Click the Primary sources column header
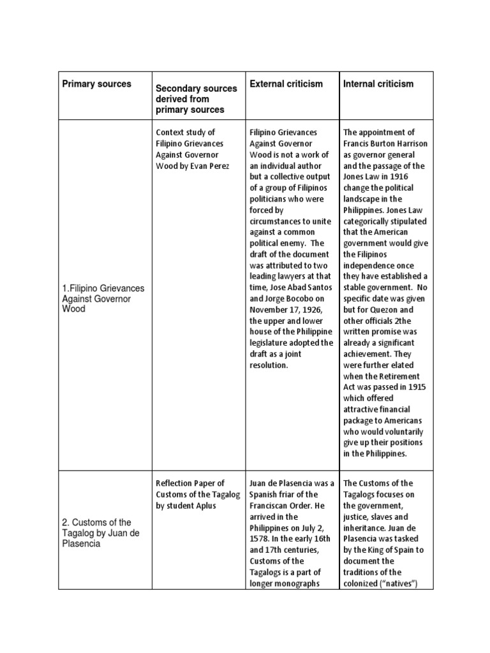tap(96, 84)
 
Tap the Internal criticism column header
tap(378, 84)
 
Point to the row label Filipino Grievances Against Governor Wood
tap(103, 298)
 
